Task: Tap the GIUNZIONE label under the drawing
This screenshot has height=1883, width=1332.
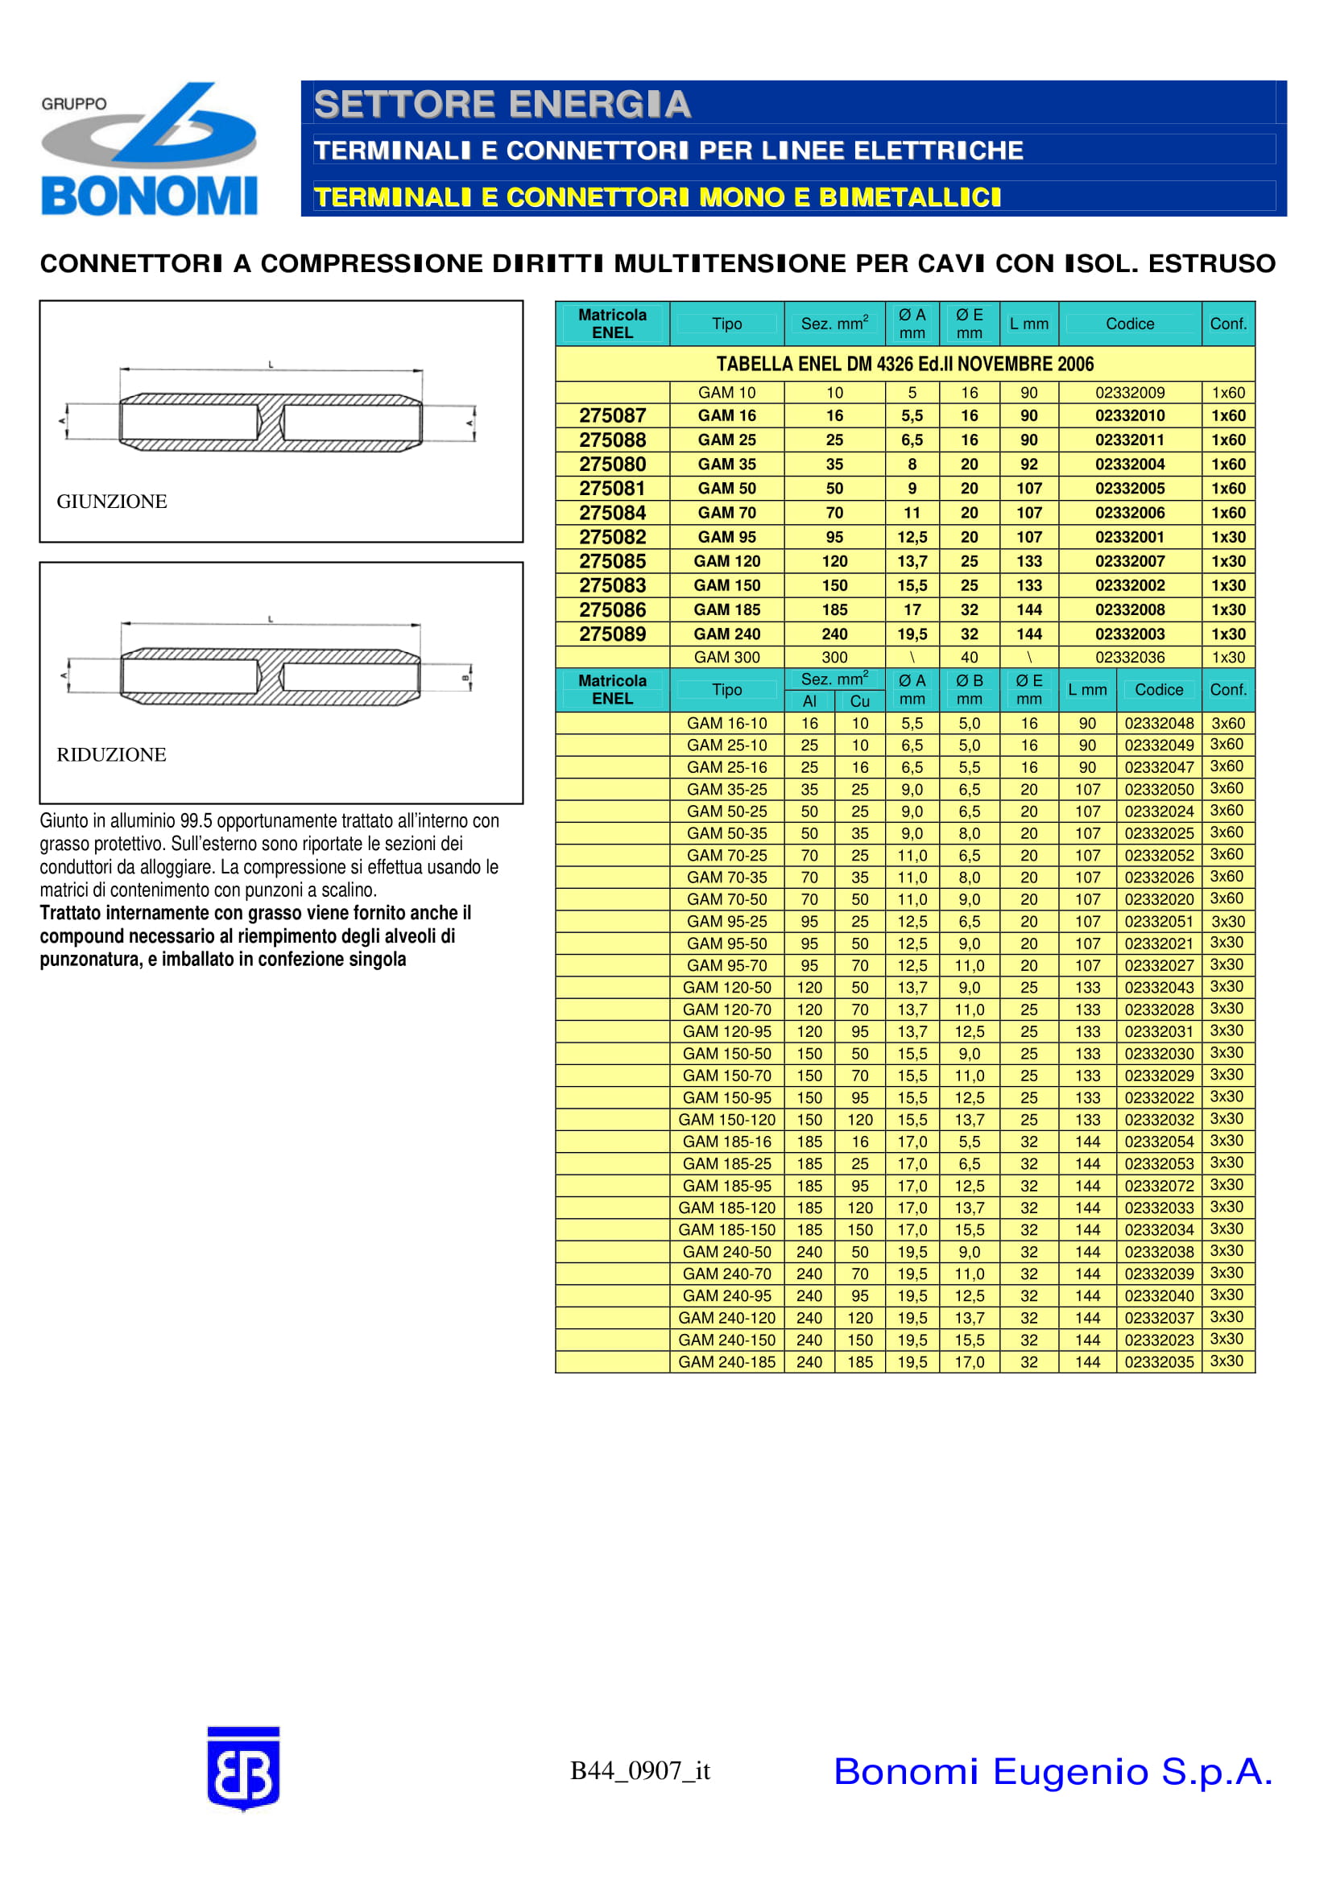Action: (112, 501)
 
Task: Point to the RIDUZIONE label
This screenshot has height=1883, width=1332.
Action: (112, 754)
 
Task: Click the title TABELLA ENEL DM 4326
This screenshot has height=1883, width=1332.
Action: (904, 364)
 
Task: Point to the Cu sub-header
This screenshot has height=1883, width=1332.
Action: (859, 701)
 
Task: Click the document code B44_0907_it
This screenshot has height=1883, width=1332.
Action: (639, 1771)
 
